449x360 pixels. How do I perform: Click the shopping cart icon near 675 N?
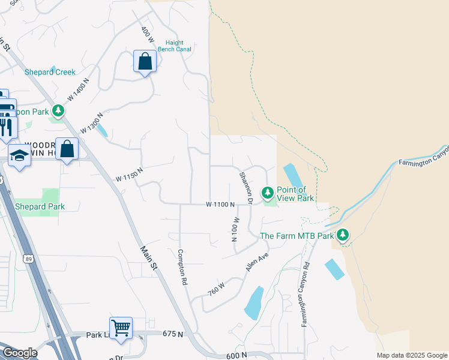click(x=121, y=328)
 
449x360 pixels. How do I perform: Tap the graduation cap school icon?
click(x=19, y=155)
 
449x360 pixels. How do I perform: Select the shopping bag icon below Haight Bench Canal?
click(x=145, y=61)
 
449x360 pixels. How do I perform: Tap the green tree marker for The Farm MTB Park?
click(x=343, y=235)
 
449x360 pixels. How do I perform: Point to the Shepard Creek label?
click(x=50, y=72)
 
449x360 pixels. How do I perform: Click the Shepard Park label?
click(x=40, y=206)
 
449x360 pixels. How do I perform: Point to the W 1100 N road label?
click(x=220, y=205)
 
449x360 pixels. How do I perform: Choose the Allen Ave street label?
click(x=256, y=262)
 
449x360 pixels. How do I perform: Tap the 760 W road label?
click(x=217, y=288)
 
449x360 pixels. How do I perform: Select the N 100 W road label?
click(x=235, y=229)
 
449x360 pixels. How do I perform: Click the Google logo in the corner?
click(x=19, y=353)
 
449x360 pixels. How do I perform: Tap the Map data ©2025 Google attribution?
click(x=412, y=355)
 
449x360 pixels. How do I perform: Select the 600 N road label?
click(x=237, y=355)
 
